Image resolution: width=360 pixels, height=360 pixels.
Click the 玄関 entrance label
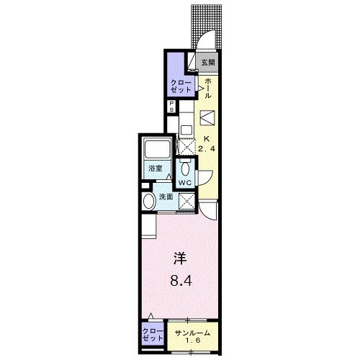tap(207, 63)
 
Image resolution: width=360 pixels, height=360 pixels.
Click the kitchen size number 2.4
tap(206, 149)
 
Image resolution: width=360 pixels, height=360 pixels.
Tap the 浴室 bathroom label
tap(155, 168)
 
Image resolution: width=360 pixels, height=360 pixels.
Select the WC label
tap(184, 182)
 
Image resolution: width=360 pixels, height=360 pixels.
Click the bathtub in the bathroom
tap(156, 150)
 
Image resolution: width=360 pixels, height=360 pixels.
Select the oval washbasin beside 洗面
tap(149, 202)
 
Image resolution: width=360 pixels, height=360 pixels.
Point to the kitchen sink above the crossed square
tap(186, 130)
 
